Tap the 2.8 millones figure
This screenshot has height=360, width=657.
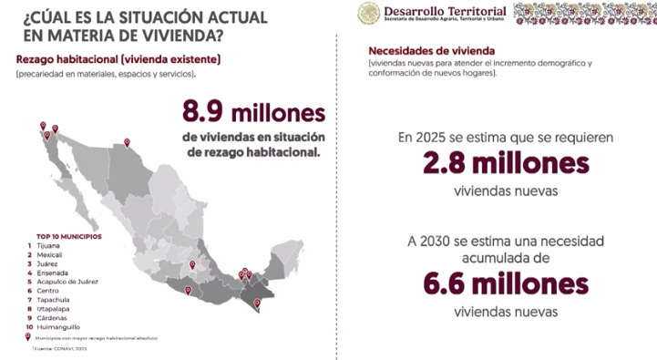coord(505,165)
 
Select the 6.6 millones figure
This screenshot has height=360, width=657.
coord(505,284)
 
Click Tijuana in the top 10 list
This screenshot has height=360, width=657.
coord(47,245)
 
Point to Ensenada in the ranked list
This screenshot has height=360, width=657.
coord(51,273)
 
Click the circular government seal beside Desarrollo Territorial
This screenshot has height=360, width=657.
coord(368,15)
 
